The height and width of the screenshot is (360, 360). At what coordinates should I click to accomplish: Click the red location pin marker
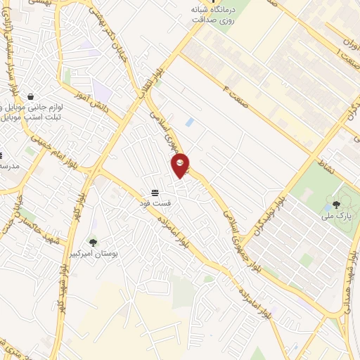tap(181, 165)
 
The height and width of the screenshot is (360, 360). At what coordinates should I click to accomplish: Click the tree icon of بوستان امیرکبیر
tap(94, 243)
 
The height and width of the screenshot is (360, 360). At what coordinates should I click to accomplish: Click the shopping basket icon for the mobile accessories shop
tap(30, 96)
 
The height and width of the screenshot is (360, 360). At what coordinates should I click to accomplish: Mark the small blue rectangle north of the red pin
tap(188, 122)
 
